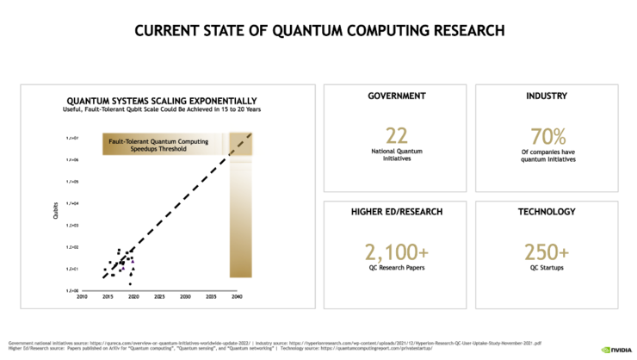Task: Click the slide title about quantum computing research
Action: pyautogui.click(x=318, y=32)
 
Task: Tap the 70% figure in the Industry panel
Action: pyautogui.click(x=548, y=136)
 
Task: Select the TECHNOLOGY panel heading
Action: pyautogui.click(x=548, y=212)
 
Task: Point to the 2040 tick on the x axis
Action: pyautogui.click(x=237, y=296)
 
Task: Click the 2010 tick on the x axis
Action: pyautogui.click(x=82, y=296)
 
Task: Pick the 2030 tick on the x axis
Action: pyautogui.click(x=185, y=296)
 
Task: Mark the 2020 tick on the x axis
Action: pyautogui.click(x=133, y=296)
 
